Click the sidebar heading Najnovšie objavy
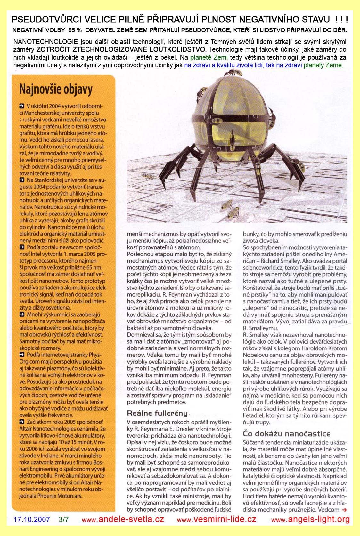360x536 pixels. (56, 88)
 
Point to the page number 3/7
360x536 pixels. (64, 519)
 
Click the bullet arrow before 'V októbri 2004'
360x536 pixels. (21, 105)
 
